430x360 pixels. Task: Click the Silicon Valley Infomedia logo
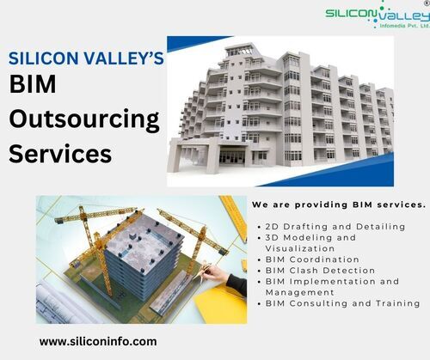(378, 15)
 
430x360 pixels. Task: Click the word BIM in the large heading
(33, 84)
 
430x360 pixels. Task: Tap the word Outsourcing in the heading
(84, 119)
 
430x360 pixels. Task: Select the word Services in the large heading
(60, 154)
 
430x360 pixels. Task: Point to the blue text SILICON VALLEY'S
(86, 58)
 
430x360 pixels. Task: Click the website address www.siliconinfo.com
(98, 342)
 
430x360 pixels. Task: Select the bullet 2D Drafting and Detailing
(332, 227)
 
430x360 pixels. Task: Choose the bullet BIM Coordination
(309, 259)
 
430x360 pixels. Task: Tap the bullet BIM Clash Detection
(316, 271)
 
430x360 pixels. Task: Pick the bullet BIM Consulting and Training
(339, 303)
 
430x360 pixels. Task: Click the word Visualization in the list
(300, 248)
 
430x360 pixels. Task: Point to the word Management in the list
(300, 292)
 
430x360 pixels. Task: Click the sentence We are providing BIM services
(339, 204)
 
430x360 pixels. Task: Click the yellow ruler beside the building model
(234, 217)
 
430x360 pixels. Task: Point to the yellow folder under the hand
(221, 303)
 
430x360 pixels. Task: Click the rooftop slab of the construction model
(146, 239)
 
